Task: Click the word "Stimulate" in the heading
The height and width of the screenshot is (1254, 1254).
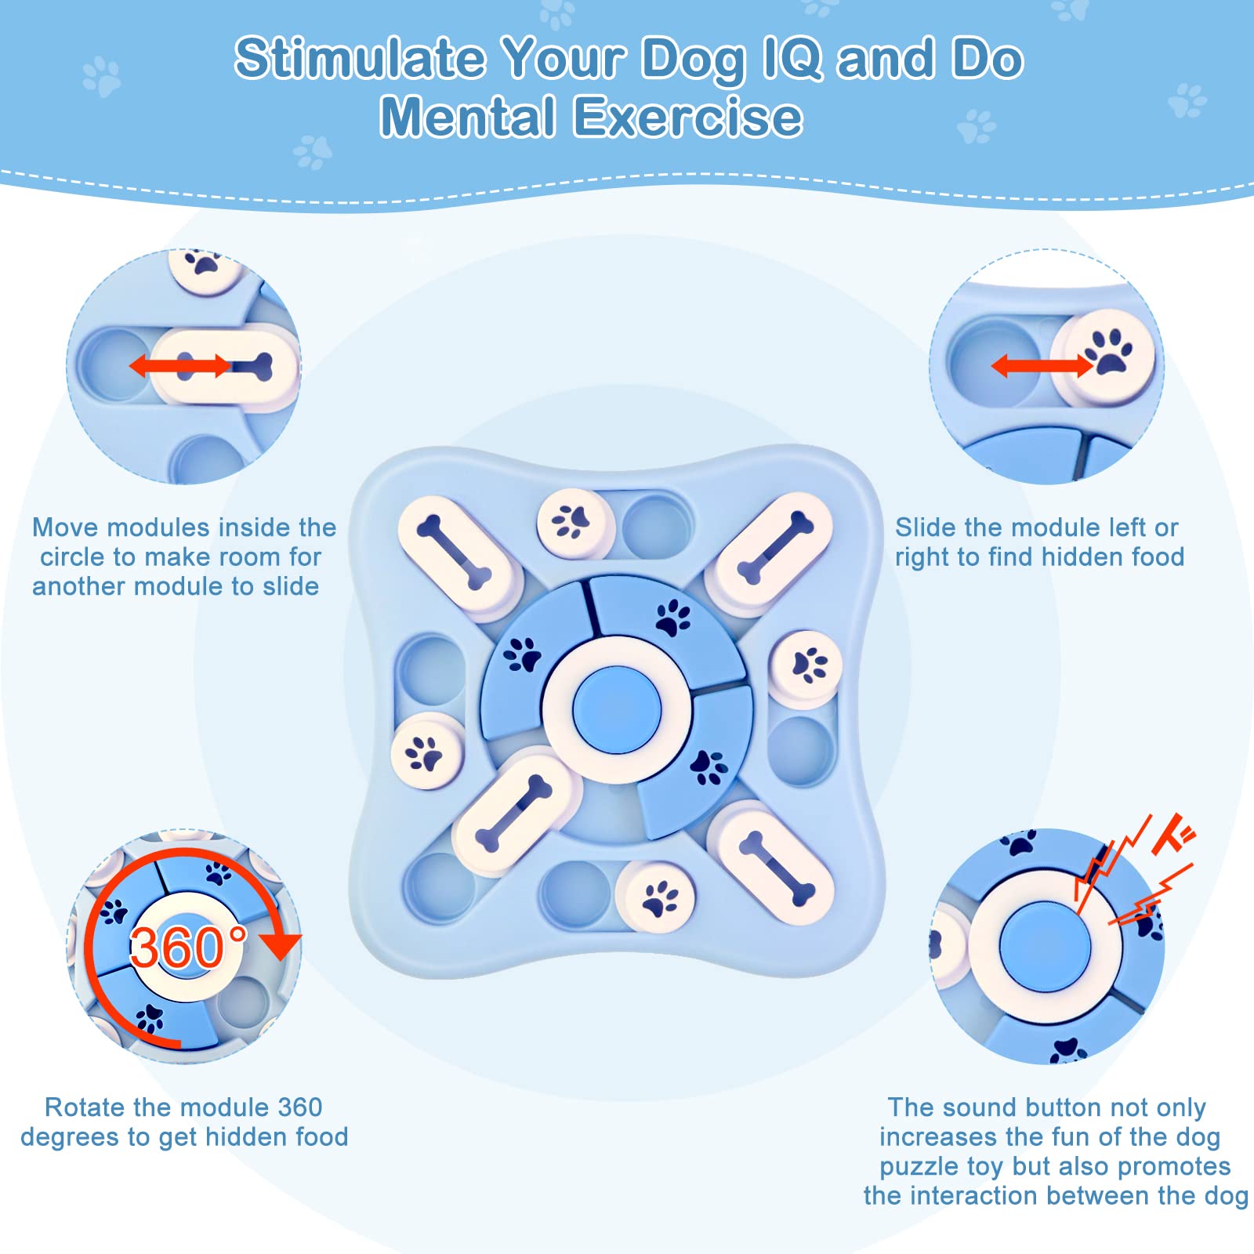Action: (360, 59)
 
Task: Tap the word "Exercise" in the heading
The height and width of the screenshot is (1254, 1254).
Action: (688, 118)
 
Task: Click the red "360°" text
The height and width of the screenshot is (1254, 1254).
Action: (188, 947)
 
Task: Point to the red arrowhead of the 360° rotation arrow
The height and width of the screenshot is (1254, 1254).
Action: (280, 946)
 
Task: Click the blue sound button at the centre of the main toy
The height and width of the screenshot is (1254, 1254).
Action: (617, 709)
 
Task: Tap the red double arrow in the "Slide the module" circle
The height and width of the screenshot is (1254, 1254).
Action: (1042, 365)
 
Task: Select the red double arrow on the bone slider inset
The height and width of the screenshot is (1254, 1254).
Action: (180, 365)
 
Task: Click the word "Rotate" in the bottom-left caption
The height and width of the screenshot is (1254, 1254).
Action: (85, 1107)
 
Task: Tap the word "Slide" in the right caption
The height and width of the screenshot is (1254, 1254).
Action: (925, 527)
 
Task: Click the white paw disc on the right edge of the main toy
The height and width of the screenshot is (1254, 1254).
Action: (805, 667)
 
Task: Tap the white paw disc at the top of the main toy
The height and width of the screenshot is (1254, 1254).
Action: (575, 522)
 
